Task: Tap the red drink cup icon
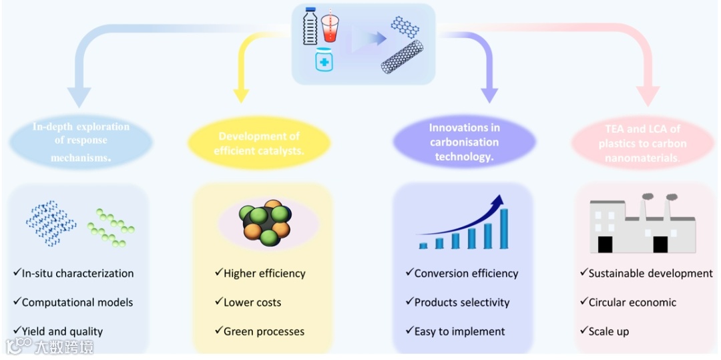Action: click(x=330, y=28)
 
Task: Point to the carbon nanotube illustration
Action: click(x=402, y=57)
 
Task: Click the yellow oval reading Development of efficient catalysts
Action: click(x=259, y=144)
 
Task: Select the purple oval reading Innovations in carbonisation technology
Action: click(x=464, y=142)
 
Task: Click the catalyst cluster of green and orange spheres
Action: click(x=266, y=223)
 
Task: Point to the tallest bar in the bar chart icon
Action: click(x=504, y=228)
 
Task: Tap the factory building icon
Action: click(x=642, y=226)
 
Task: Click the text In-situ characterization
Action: click(x=77, y=273)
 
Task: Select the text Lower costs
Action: click(x=252, y=303)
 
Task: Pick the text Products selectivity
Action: click(x=461, y=303)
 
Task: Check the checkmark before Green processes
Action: click(x=218, y=331)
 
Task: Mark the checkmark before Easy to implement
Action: click(x=409, y=331)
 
